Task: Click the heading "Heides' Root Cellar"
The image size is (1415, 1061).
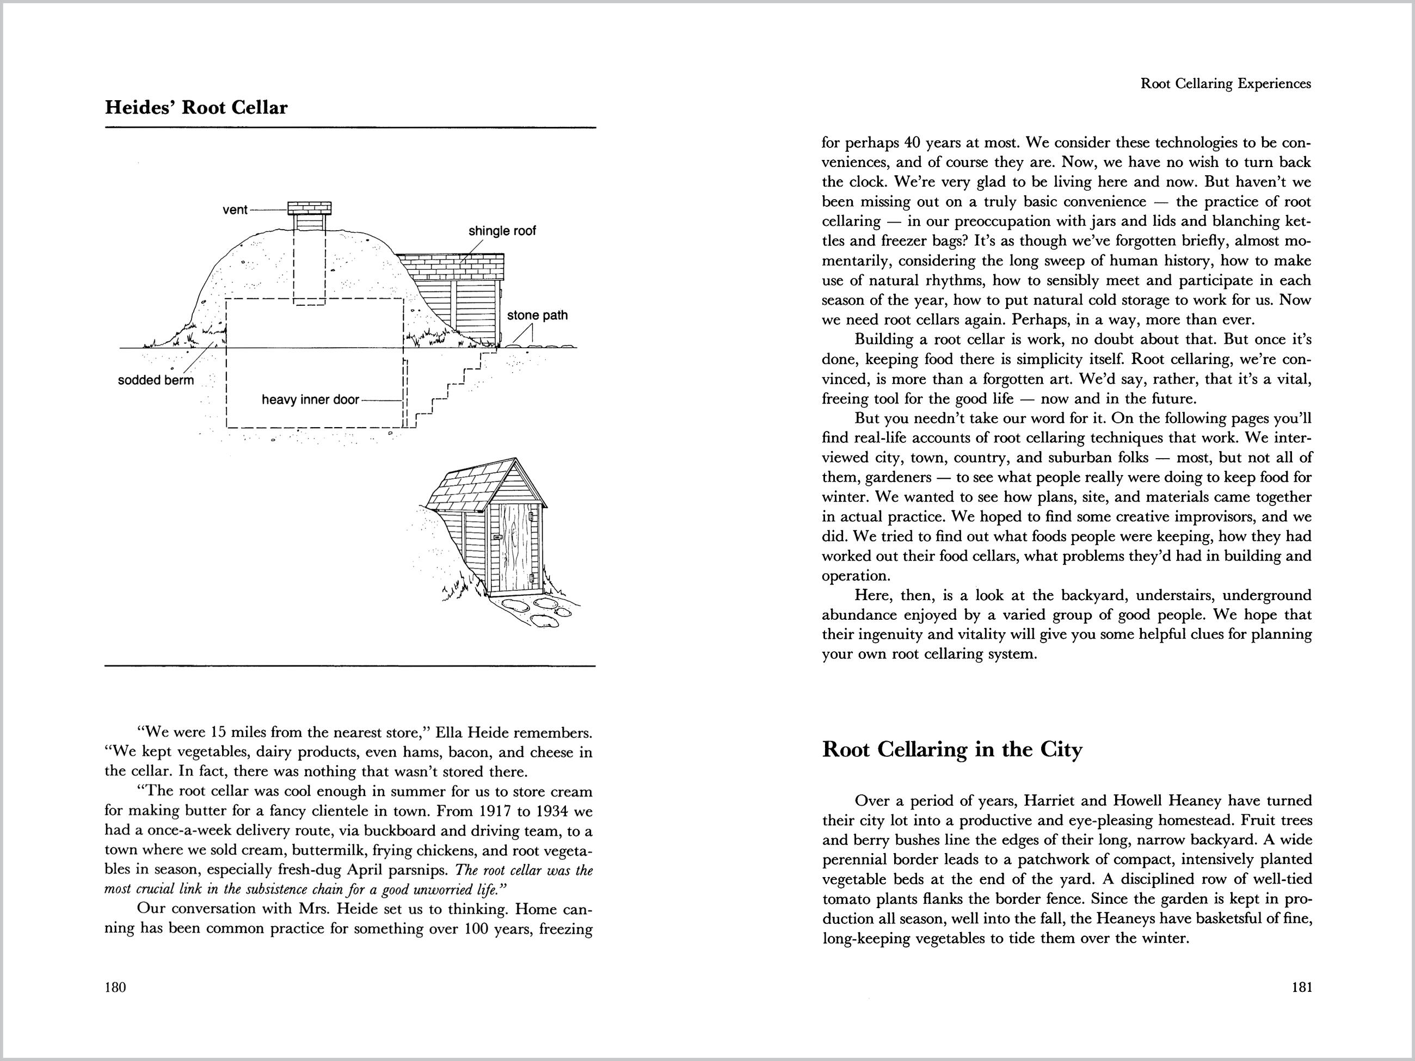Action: click(196, 107)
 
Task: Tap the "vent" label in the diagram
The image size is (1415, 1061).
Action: click(234, 210)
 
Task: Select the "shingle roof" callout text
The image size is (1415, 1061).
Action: click(502, 231)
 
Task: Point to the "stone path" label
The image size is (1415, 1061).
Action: click(537, 315)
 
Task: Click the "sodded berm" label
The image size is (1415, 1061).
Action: click(156, 380)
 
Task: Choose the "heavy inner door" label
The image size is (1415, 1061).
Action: click(310, 400)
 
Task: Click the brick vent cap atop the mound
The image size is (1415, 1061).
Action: click(310, 208)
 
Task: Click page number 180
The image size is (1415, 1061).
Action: click(115, 987)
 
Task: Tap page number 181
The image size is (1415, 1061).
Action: click(1302, 987)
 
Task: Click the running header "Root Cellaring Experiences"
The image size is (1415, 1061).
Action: click(1226, 84)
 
